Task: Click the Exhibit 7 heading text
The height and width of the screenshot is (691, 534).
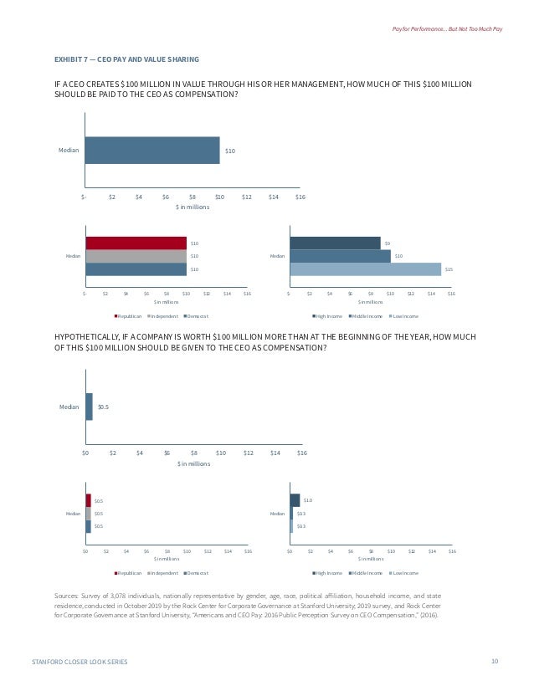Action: pos(126,59)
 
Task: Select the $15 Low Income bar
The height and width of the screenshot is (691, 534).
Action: pos(365,269)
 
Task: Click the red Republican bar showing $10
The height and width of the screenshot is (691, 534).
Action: pos(136,243)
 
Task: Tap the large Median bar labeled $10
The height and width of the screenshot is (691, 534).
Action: pos(151,151)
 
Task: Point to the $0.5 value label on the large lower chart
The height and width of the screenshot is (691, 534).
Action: pos(104,407)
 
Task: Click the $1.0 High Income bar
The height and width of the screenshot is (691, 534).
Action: pos(295,500)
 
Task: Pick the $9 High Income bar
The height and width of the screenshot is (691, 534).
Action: pos(335,243)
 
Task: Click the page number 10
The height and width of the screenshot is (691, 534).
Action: pos(495,662)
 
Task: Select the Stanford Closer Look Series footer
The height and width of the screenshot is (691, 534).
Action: pos(80,662)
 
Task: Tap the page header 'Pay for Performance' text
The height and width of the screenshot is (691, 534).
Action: pos(448,30)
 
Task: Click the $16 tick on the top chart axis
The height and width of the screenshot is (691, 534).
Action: pos(300,197)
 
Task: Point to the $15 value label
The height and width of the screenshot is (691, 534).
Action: pos(449,269)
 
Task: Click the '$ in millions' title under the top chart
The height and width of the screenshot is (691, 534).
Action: pos(193,207)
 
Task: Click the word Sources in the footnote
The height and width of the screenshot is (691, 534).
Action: pos(65,595)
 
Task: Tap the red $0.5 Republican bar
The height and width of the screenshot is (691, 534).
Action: pos(88,500)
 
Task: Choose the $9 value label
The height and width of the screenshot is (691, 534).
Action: pos(388,243)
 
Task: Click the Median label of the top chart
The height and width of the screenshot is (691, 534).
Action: pos(69,151)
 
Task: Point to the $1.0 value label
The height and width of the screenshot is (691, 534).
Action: pos(307,500)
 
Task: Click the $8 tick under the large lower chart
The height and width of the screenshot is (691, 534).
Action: pos(194,453)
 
